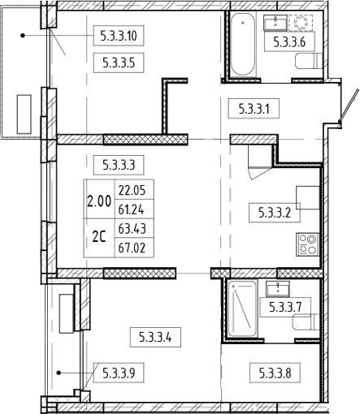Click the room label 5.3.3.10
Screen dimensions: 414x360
120,34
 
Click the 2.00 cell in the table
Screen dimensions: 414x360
100,200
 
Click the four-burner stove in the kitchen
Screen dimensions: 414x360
310,243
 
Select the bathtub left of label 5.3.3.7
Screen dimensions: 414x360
241,310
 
